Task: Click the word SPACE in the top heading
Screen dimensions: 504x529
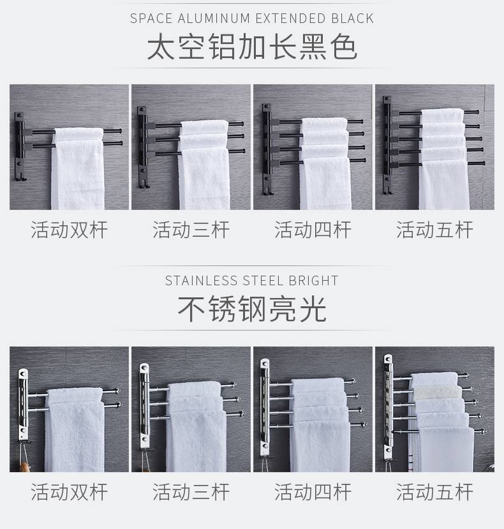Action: (151, 19)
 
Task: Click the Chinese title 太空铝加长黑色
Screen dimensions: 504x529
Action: (252, 47)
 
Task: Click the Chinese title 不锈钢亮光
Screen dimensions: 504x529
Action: (252, 309)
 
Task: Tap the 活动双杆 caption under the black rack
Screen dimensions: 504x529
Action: (69, 230)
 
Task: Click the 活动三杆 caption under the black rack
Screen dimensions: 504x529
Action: (191, 230)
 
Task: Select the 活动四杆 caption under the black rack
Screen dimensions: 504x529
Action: (313, 230)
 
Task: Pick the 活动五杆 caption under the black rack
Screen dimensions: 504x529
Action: (434, 230)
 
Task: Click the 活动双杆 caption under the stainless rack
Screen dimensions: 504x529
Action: (69, 492)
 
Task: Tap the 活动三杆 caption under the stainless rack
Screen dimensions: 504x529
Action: (191, 492)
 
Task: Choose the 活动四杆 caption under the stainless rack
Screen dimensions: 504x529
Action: (313, 492)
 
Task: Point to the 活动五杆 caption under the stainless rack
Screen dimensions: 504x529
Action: (434, 492)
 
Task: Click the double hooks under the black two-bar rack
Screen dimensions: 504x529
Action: (20, 177)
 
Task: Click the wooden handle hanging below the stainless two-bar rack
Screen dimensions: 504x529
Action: (24, 467)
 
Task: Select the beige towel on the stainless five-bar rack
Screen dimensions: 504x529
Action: (437, 392)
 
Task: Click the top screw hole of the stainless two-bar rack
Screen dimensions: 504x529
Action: (23, 373)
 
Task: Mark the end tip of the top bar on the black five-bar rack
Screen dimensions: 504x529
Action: (477, 112)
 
